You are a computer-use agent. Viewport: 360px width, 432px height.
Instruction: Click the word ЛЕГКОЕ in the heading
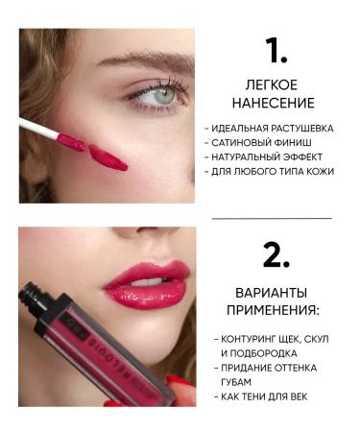pyautogui.click(x=271, y=84)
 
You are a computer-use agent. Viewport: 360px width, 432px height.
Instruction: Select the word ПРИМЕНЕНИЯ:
pyautogui.click(x=272, y=310)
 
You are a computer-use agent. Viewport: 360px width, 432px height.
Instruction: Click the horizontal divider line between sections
pyautogui.click(x=272, y=218)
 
